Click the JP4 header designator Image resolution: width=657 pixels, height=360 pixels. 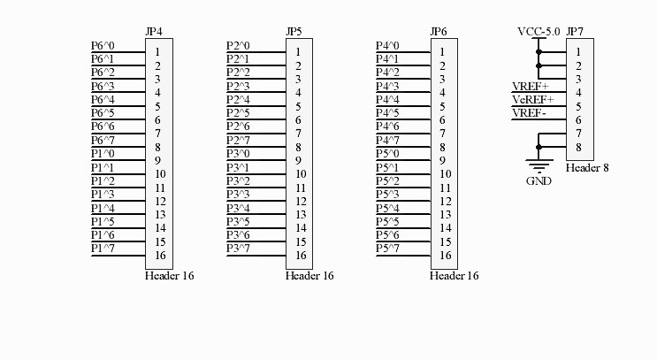tap(154, 32)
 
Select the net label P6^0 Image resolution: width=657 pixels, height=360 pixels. tap(103, 46)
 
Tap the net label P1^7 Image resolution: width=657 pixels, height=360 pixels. tap(103, 248)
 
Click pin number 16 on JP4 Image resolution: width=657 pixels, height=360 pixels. tap(160, 256)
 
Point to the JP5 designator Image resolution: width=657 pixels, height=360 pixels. tap(294, 32)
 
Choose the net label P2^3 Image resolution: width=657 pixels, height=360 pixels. tap(238, 87)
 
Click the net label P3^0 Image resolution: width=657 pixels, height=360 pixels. tap(238, 154)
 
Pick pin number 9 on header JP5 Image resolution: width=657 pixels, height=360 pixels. tap(298, 160)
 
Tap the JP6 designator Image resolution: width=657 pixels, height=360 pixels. tap(439, 32)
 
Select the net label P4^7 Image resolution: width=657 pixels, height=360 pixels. tap(387, 140)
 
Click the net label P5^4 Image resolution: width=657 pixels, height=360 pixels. tap(387, 208)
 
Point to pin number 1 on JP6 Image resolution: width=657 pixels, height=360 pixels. tap(442, 52)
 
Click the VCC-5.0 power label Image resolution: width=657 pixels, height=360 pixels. tap(539, 32)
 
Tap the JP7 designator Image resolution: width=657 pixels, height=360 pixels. tap(575, 32)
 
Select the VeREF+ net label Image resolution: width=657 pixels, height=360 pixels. tap(533, 100)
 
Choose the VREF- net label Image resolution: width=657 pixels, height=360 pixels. tap(529, 113)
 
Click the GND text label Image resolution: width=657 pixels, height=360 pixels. tap(539, 181)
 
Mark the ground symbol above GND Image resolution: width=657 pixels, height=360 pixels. tap(539, 166)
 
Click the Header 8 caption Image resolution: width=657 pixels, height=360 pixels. tap(587, 168)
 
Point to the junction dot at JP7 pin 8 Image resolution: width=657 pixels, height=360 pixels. tap(539, 147)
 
